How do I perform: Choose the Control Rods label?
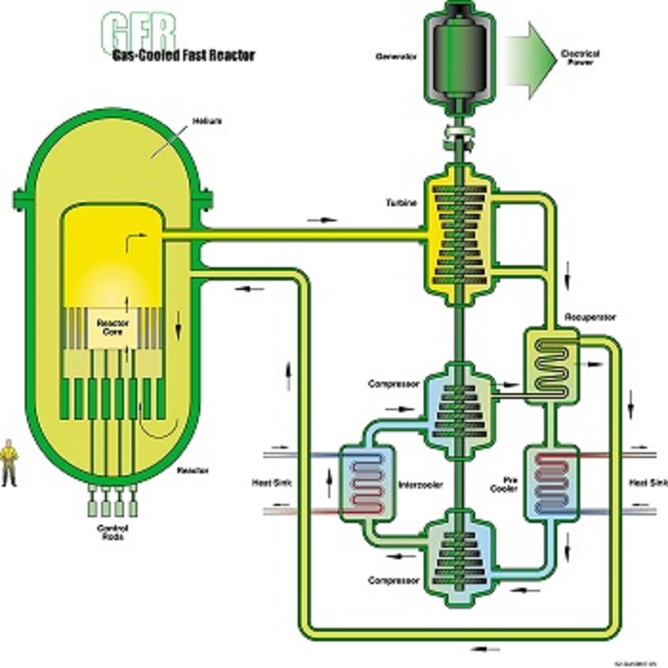pos(113,532)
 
